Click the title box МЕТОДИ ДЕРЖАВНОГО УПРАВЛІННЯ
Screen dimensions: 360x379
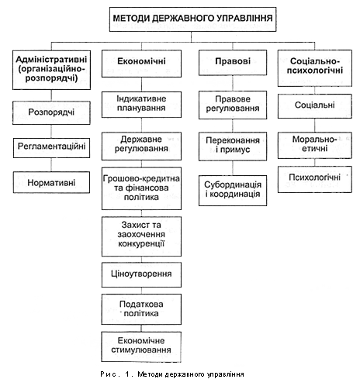pos(192,19)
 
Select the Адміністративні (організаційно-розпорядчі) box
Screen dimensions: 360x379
pos(51,70)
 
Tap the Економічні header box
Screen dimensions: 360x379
pos(141,64)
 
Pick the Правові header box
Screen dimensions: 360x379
pos(233,63)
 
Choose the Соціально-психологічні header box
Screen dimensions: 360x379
pos(315,68)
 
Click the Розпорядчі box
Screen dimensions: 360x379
pos(51,112)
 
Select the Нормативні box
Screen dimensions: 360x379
pos(51,182)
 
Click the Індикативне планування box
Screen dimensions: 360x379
pos(141,105)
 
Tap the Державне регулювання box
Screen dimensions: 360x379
pos(141,146)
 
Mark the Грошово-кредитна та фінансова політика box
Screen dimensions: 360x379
pos(141,188)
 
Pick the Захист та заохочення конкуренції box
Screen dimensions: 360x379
pos(141,236)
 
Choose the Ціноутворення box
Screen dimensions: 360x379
pos(141,274)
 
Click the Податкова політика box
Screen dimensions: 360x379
pos(141,309)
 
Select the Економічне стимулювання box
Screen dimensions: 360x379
pos(141,346)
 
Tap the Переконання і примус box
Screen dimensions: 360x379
pos(233,146)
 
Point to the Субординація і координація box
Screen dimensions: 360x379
pos(233,191)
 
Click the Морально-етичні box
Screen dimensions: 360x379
pos(315,145)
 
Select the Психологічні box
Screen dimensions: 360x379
pos(315,179)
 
